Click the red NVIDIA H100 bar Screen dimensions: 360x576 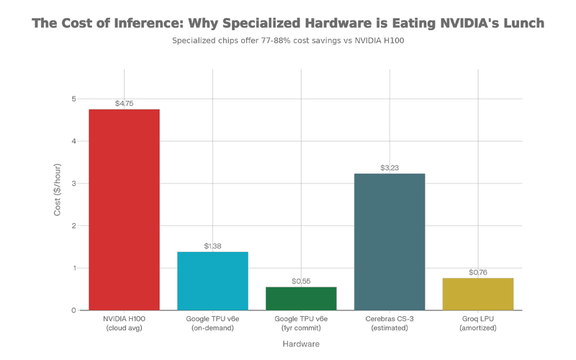pyautogui.click(x=124, y=210)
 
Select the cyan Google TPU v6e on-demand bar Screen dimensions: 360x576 pyautogui.click(x=212, y=281)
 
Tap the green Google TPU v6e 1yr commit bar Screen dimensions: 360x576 pyautogui.click(x=301, y=298)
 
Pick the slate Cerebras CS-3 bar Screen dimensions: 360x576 pyautogui.click(x=390, y=242)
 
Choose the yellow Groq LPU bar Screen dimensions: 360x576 pyautogui.click(x=478, y=294)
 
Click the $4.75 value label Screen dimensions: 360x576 pyautogui.click(x=124, y=104)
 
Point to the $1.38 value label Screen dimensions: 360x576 pyautogui.click(x=212, y=246)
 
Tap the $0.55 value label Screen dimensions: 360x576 pyautogui.click(x=301, y=282)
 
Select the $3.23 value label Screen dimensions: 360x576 pyautogui.click(x=390, y=168)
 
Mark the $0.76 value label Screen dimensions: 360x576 pyautogui.click(x=478, y=272)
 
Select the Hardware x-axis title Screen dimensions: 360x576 pyautogui.click(x=301, y=344)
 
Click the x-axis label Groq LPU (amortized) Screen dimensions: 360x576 pyautogui.click(x=478, y=323)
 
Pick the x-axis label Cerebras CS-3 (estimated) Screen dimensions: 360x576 pyautogui.click(x=390, y=323)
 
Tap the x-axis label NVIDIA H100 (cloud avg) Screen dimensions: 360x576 pyautogui.click(x=124, y=323)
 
